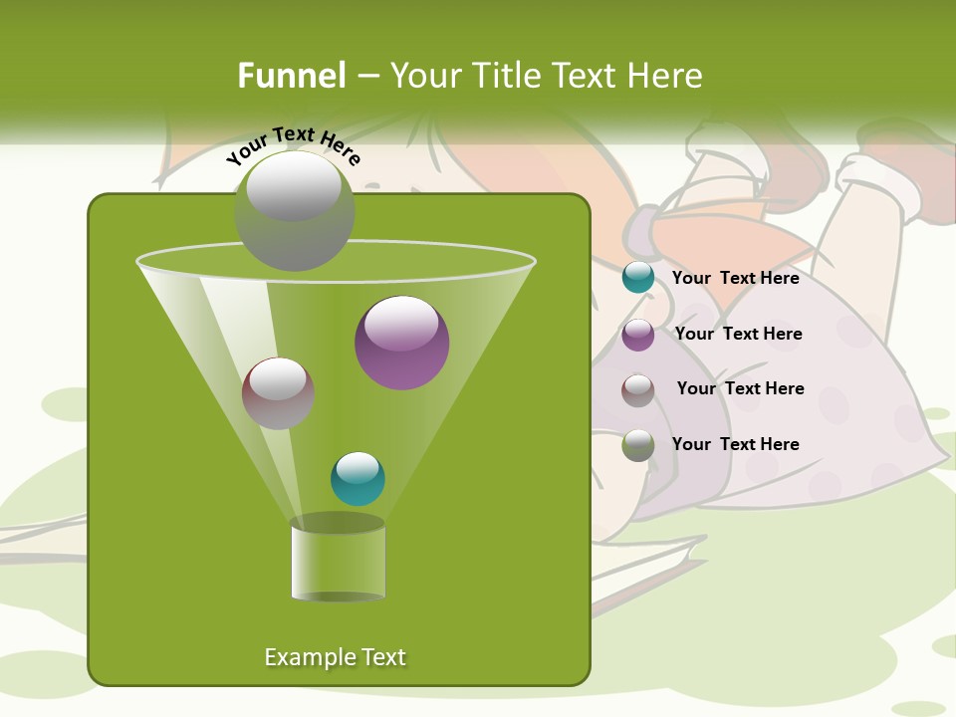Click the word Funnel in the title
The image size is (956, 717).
(x=292, y=76)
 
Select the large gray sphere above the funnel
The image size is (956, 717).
(x=294, y=210)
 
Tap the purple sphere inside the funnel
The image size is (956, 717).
(x=401, y=343)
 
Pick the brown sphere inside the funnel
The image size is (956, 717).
(x=278, y=393)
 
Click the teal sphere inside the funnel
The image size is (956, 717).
(x=358, y=479)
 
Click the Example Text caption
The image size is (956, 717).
(x=335, y=657)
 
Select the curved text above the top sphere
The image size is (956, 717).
(x=293, y=145)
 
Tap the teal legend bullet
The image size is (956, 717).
(x=638, y=278)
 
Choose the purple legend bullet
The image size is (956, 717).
(x=638, y=335)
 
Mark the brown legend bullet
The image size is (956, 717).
(x=638, y=390)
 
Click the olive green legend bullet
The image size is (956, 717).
(x=638, y=445)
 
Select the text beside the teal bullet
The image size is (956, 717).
(x=735, y=279)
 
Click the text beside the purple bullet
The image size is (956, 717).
(x=738, y=335)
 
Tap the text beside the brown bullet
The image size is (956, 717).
(x=740, y=389)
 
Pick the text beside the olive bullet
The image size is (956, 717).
(x=735, y=445)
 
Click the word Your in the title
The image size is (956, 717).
(x=422, y=76)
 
